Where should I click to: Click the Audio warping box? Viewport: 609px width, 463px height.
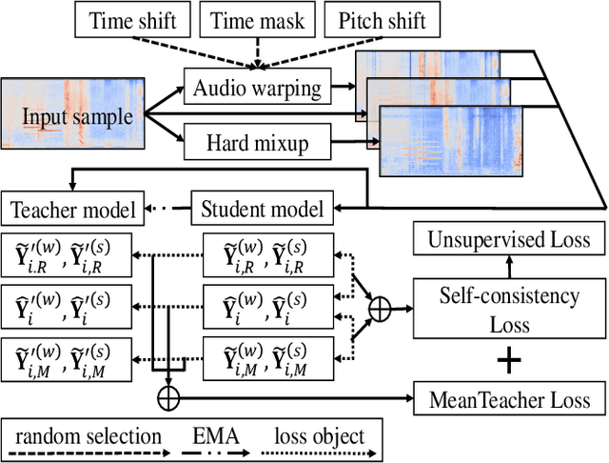[257, 89]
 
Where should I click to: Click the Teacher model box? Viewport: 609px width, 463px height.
[72, 208]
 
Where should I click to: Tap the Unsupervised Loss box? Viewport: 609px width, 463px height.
[509, 241]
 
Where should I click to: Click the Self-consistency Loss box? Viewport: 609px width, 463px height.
[509, 311]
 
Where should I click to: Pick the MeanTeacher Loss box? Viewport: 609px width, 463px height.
[509, 398]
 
